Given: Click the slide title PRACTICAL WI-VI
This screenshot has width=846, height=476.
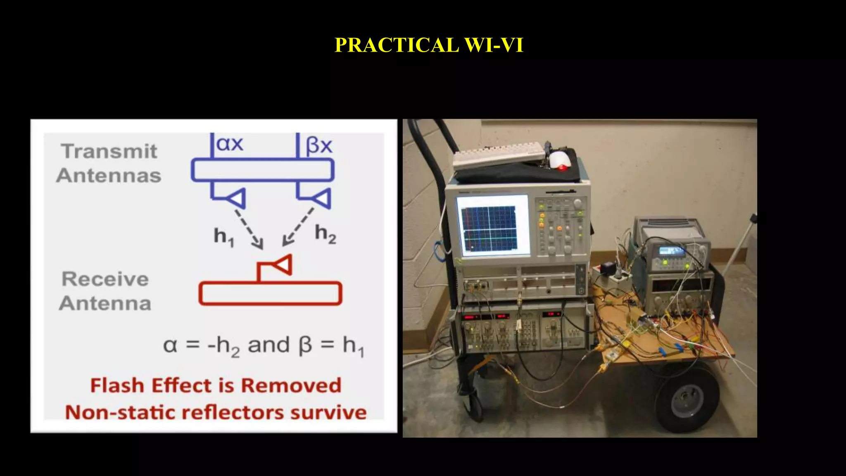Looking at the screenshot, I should tap(429, 45).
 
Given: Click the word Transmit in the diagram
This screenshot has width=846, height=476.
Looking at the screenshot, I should tap(109, 151).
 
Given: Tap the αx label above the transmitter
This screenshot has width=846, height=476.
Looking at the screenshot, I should tap(230, 144).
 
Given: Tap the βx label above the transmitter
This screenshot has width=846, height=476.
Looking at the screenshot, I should tap(319, 145).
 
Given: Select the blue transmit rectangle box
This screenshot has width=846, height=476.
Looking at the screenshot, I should tap(262, 170).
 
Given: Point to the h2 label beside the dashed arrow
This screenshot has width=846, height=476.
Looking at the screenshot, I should tap(326, 233).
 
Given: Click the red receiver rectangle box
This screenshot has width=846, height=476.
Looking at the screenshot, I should tap(271, 293).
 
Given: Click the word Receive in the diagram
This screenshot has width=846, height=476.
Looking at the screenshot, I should tap(105, 279).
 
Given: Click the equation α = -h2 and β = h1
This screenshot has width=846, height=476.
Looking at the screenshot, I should tap(264, 346).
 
